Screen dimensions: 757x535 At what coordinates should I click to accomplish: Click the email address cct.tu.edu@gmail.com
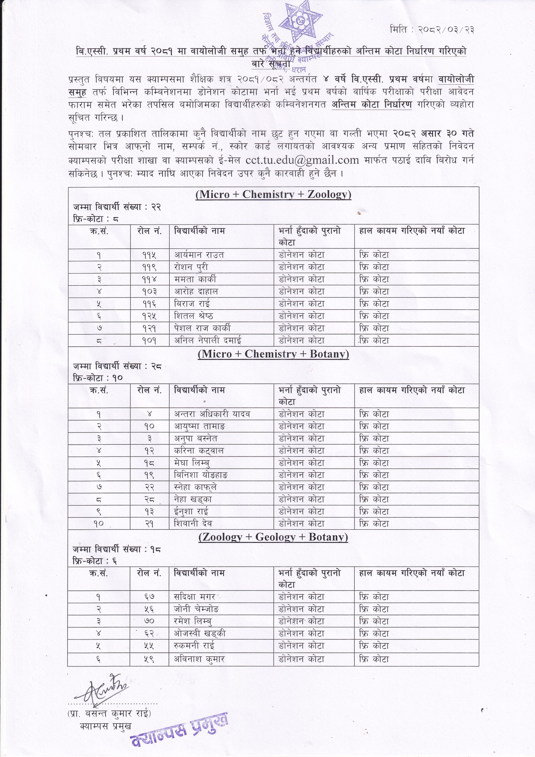[x=302, y=160]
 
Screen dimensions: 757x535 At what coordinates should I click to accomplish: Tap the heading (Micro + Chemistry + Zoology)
[x=273, y=194]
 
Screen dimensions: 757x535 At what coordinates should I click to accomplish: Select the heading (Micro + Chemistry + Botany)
[x=273, y=354]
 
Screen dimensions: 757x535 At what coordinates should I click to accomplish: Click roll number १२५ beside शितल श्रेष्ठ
[x=149, y=316]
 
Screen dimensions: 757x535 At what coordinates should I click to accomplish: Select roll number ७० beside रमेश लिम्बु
[x=149, y=621]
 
